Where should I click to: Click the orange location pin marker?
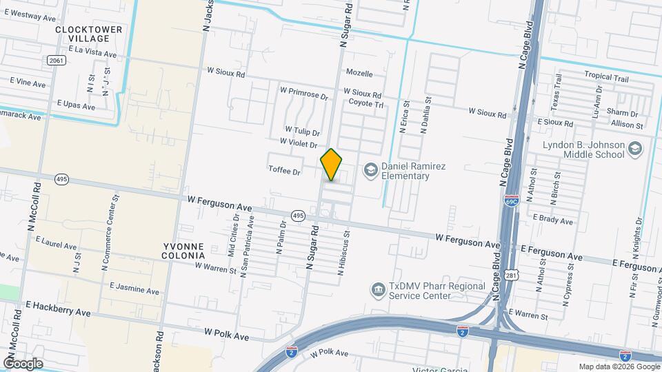coord(332,165)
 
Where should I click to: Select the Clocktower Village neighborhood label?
coord(88,34)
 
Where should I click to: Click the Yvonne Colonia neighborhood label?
coord(185,251)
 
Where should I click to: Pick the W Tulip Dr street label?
coord(303,131)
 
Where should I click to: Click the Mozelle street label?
coord(359,74)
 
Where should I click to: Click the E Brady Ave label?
coord(553,221)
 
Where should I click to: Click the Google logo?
coord(23,364)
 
